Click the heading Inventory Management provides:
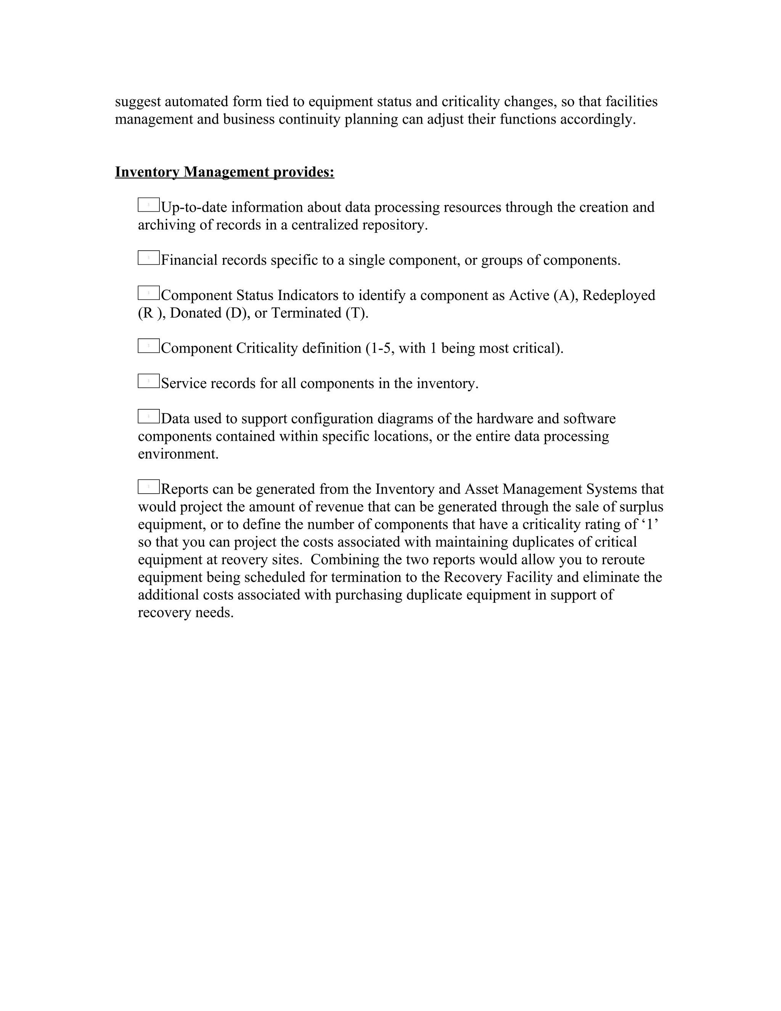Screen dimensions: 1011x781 coord(224,172)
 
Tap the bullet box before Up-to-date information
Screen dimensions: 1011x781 coord(148,204)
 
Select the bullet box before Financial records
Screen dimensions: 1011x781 coord(148,258)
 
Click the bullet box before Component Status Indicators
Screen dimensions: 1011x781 coord(148,293)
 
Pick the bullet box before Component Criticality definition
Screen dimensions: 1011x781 coord(148,346)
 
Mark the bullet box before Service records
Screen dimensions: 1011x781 coord(148,381)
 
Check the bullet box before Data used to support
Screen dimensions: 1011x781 coord(148,416)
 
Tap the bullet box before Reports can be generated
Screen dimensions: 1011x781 coord(148,486)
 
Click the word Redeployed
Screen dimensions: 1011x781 coord(619,295)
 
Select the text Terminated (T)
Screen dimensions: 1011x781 coord(319,313)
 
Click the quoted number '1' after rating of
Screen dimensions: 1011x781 coord(651,525)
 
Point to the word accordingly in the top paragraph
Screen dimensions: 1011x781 coord(598,119)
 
